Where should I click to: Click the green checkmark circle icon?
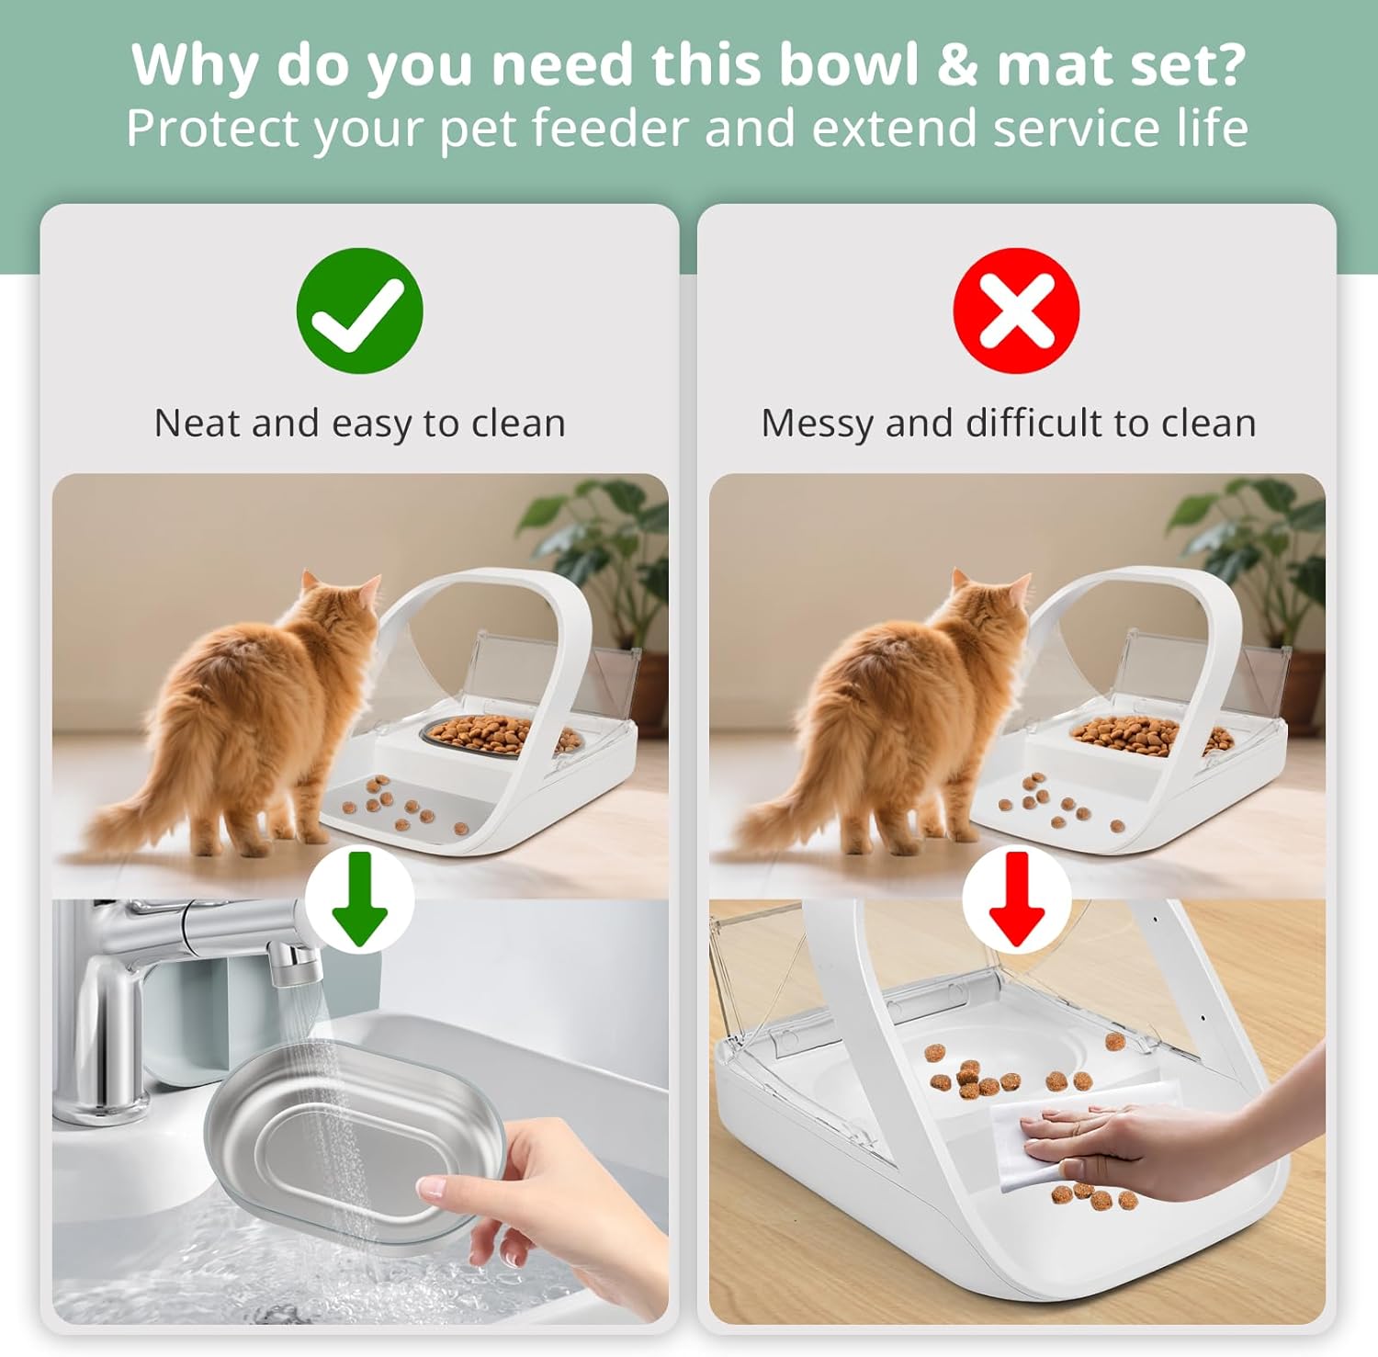(359, 311)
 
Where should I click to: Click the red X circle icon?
(1016, 311)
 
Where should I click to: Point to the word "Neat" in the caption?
(196, 424)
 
